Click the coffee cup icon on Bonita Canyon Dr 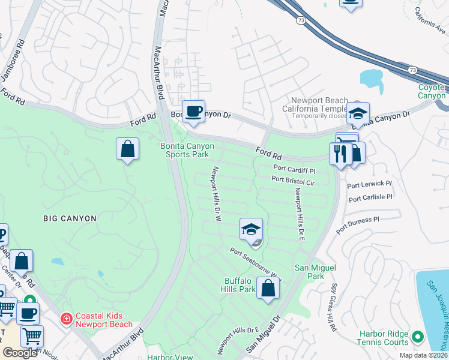point(193,112)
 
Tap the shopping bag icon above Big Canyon point(128,149)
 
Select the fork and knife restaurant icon point(340,154)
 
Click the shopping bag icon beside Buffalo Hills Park point(268,288)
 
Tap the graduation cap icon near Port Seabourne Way point(251,229)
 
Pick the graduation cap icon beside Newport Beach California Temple point(358,113)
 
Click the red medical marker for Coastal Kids point(66,318)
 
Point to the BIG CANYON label point(70,218)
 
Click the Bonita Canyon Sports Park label point(187,150)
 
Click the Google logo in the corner point(20,352)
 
